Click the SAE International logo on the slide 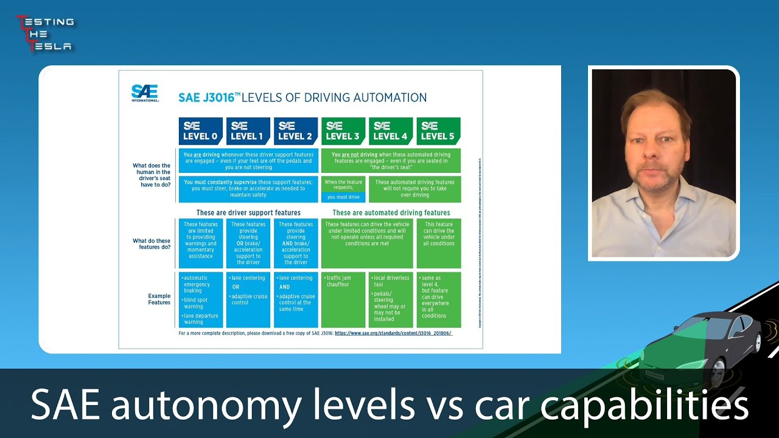[145, 92]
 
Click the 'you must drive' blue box [343, 197]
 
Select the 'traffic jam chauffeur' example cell [343, 299]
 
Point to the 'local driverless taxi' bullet [391, 281]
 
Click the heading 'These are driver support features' [248, 213]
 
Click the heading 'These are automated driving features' [391, 213]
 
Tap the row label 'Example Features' [159, 299]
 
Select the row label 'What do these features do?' [152, 243]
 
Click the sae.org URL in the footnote [393, 333]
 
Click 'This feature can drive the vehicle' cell [439, 234]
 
